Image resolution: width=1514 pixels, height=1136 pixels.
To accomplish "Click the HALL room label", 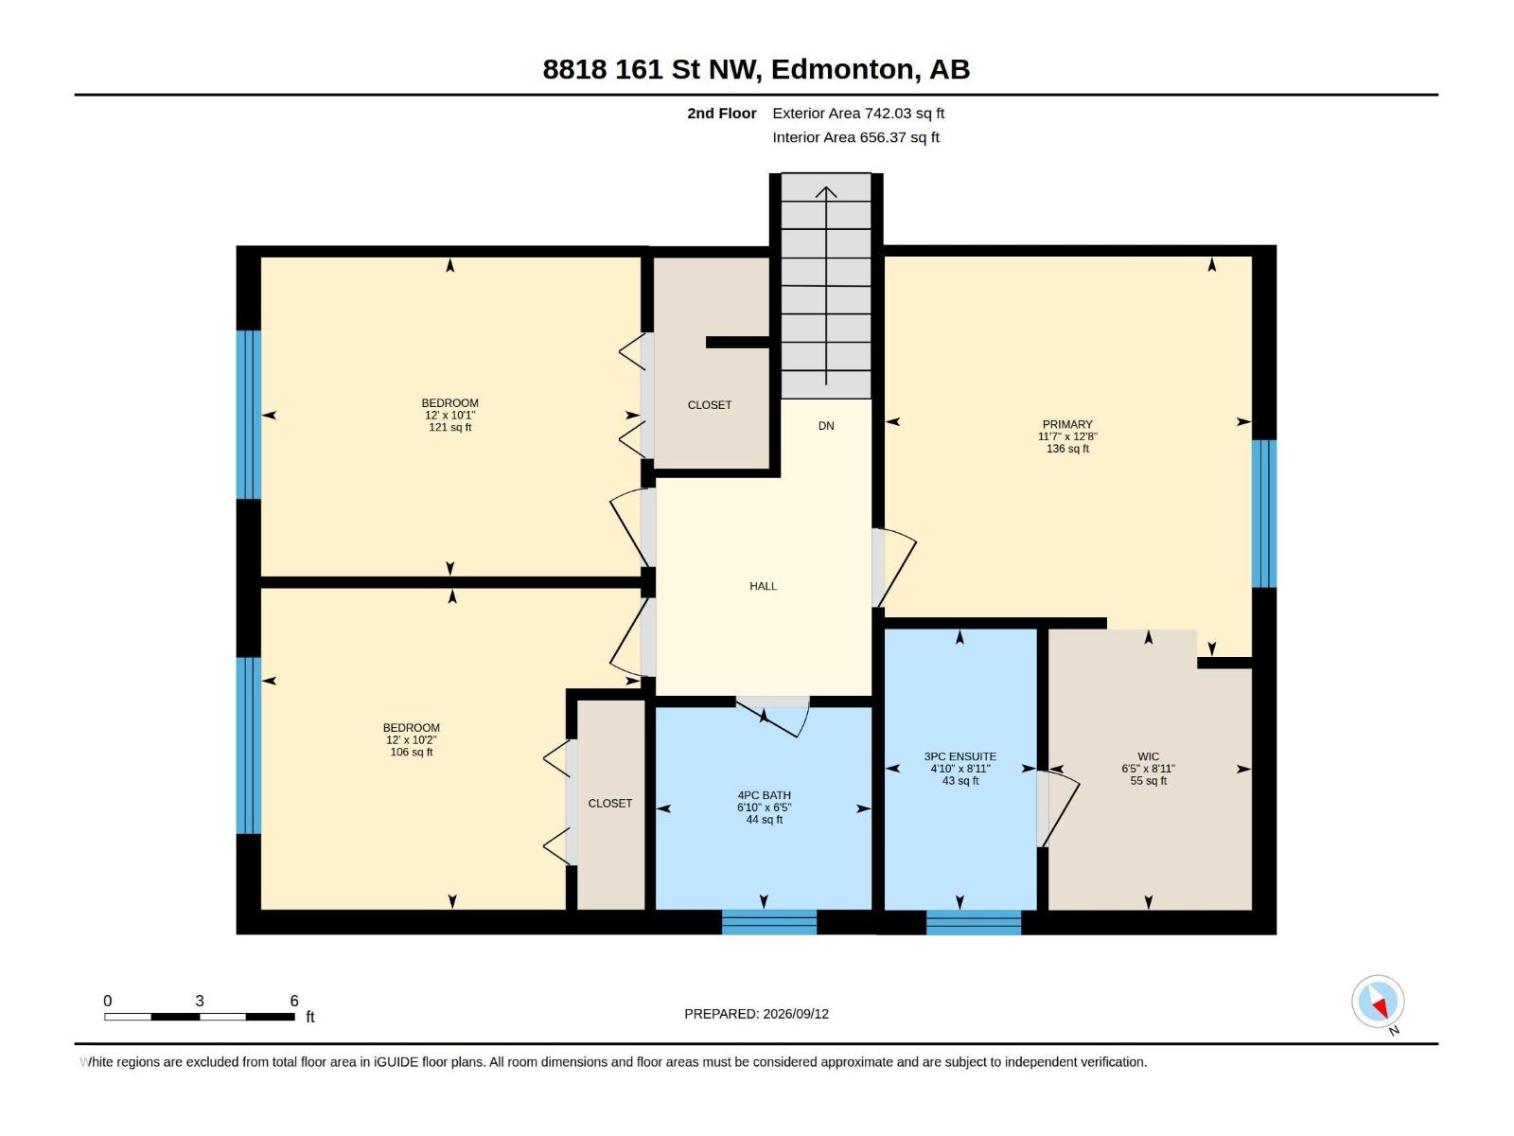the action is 763,586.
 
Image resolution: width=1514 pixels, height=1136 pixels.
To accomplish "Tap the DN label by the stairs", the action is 826,426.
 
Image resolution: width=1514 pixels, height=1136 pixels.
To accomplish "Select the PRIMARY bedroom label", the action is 1067,424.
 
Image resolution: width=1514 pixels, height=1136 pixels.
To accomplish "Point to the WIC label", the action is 1148,756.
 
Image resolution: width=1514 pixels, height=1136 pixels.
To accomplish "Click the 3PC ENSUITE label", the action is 960,756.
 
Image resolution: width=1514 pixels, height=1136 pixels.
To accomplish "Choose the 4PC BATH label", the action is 765,795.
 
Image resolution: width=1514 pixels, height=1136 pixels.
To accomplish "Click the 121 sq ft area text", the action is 450,428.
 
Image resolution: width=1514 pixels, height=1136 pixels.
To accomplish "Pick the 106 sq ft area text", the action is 412,752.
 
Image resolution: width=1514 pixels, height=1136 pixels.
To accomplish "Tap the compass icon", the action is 1378,1002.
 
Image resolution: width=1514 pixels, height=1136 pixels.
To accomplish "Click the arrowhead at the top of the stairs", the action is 826,192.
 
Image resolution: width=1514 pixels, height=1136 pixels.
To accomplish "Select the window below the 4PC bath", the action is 769,922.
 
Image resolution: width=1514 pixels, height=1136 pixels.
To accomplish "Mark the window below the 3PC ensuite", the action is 974,922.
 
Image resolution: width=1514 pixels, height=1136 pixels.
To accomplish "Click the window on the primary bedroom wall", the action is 1263,514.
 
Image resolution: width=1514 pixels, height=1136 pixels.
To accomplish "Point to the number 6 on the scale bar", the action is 294,1001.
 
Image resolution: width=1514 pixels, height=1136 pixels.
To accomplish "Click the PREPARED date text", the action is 757,1014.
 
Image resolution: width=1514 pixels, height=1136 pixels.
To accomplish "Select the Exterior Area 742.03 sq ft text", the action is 858,113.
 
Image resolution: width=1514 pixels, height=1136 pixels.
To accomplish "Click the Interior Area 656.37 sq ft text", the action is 856,137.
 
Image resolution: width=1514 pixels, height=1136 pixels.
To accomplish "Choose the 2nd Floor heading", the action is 721,113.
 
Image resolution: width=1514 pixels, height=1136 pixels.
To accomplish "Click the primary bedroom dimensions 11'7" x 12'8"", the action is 1067,436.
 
